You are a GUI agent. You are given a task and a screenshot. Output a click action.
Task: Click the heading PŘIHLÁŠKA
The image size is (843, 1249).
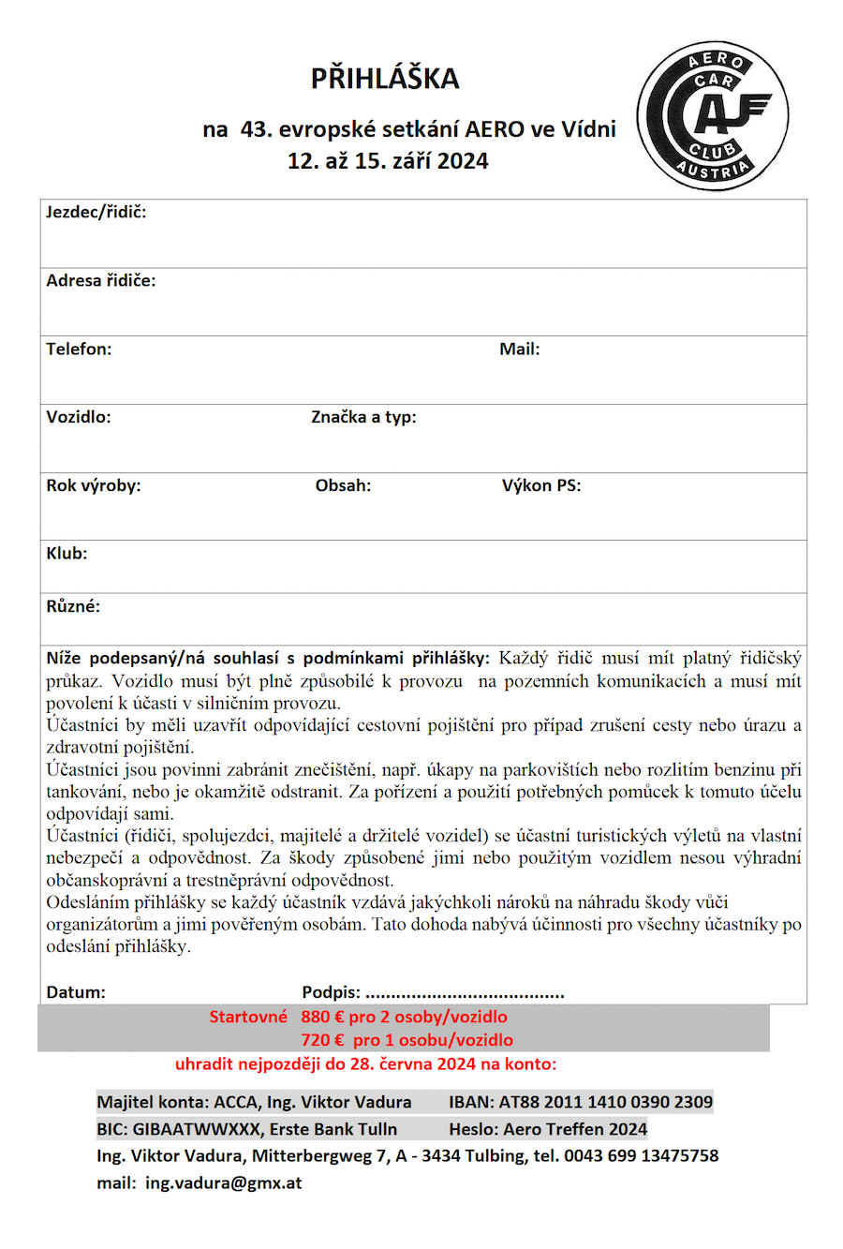click(x=385, y=78)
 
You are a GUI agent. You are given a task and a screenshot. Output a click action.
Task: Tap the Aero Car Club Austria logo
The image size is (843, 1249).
click(x=713, y=115)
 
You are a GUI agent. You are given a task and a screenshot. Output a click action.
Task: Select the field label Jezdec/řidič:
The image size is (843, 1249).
click(x=96, y=213)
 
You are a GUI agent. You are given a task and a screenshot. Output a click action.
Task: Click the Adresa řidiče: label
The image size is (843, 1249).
click(x=101, y=281)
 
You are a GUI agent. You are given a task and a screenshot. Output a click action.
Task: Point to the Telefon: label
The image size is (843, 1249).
click(x=79, y=349)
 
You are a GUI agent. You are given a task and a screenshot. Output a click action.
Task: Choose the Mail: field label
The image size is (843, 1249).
click(x=520, y=349)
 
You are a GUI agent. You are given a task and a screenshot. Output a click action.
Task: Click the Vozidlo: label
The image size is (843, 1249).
click(x=79, y=418)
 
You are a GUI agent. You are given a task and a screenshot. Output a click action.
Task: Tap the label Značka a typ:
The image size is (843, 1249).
click(x=363, y=418)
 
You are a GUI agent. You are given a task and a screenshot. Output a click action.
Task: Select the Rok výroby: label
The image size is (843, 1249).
click(x=94, y=486)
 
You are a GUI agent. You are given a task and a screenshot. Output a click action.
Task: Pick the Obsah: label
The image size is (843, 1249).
click(x=343, y=486)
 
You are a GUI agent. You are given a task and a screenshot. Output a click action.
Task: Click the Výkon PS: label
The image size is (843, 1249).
click(x=541, y=486)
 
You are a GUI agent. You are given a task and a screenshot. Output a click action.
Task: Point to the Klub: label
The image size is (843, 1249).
click(x=67, y=554)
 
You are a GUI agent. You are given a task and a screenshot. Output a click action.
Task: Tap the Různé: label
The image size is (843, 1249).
click(x=73, y=607)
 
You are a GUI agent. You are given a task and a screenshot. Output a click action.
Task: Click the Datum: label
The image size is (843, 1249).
click(x=76, y=992)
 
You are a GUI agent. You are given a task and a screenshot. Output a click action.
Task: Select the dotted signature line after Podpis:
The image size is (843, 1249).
click(x=465, y=993)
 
